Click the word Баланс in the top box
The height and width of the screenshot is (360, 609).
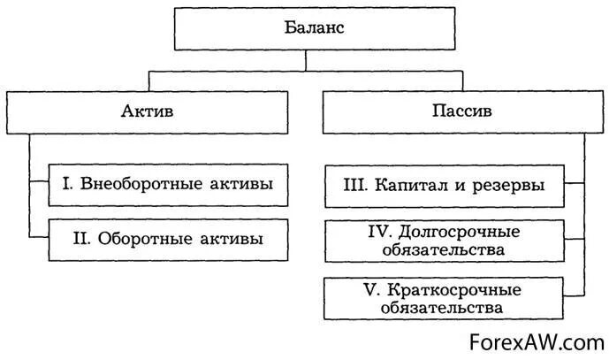click(306, 28)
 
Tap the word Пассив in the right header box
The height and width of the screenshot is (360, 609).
click(456, 112)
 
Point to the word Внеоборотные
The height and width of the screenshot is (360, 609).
click(133, 184)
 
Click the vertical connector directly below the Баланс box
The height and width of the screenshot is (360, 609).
click(306, 60)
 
